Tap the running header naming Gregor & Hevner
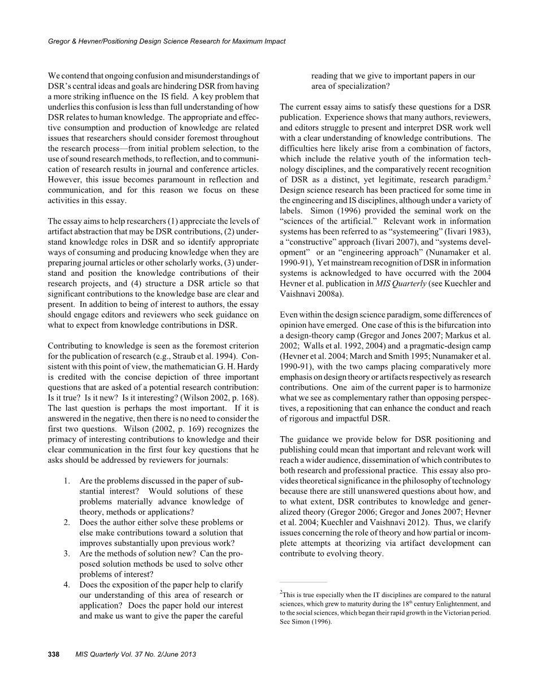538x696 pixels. tap(167, 41)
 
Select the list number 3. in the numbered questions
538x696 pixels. tap(67, 553)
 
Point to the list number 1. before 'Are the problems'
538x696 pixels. tap(67, 480)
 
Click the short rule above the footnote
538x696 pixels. tap(303, 582)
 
